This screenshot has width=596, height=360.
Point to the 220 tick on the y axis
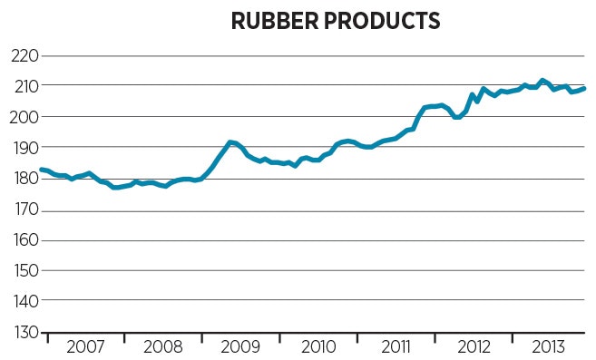(x=24, y=55)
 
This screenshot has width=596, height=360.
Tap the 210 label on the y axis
(x=24, y=86)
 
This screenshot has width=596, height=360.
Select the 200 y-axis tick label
(x=24, y=117)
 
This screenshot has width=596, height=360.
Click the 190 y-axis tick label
(x=24, y=148)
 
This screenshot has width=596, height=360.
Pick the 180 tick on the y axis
(x=24, y=179)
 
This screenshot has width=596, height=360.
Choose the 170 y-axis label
(x=24, y=210)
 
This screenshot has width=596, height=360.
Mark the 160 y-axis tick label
(x=24, y=241)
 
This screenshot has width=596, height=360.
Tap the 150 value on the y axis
(x=24, y=271)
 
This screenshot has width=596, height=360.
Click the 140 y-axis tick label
(x=24, y=301)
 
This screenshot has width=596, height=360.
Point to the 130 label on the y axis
(x=24, y=333)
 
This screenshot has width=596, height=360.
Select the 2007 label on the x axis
(x=85, y=347)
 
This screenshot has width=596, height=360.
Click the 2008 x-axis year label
(x=162, y=347)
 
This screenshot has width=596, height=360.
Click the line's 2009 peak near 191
(x=231, y=142)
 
